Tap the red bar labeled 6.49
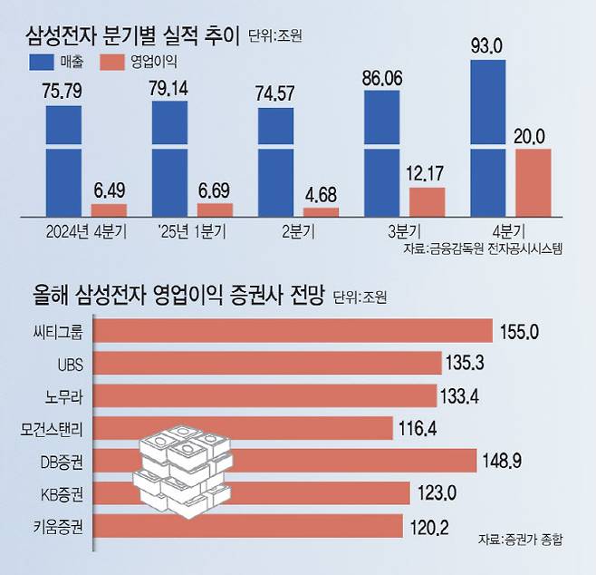(109, 210)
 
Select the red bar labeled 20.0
(533, 182)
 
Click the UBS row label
(69, 364)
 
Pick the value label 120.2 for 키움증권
(430, 527)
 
